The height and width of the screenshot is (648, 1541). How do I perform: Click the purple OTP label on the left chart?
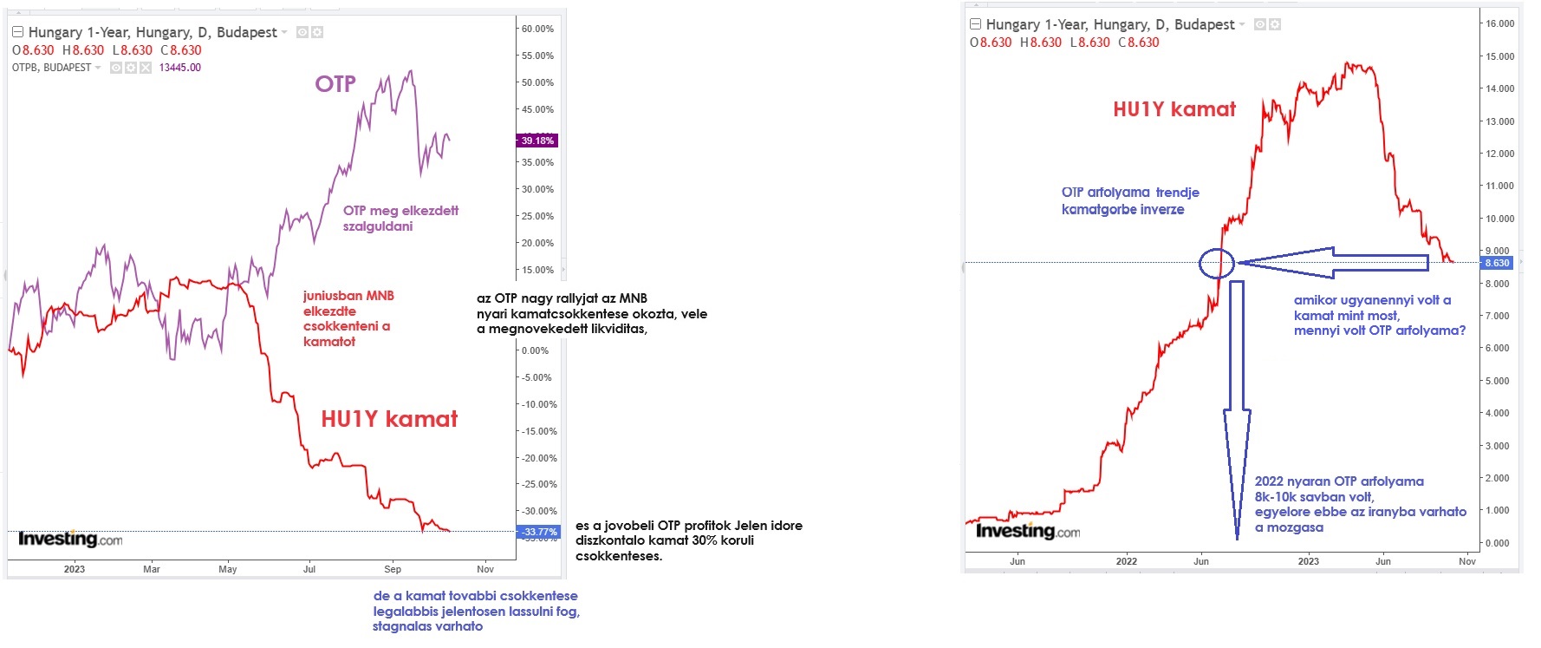(x=335, y=84)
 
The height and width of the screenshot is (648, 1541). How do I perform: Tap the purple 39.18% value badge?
(x=537, y=141)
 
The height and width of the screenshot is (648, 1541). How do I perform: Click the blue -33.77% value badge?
(x=538, y=532)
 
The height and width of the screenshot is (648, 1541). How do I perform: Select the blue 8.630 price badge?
(x=1497, y=263)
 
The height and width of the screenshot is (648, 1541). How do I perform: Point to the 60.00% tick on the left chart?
(x=537, y=29)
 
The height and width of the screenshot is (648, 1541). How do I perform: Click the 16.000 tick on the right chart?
(x=1499, y=23)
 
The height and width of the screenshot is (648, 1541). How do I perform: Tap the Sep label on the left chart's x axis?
(x=393, y=569)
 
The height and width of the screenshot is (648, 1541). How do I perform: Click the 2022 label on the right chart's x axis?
(x=1126, y=561)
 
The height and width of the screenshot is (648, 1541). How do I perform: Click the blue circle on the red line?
(x=1217, y=263)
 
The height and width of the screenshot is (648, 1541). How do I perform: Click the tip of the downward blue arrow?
(x=1237, y=537)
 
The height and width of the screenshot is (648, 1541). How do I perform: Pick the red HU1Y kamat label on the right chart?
(x=1174, y=109)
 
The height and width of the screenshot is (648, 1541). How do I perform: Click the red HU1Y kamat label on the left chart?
(x=389, y=419)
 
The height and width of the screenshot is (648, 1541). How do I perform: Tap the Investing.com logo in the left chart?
(x=70, y=540)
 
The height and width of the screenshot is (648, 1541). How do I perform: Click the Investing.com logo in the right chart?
(x=1028, y=531)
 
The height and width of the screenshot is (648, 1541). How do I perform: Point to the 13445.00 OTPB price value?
(x=180, y=68)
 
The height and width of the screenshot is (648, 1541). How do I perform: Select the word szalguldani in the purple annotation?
(x=378, y=226)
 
